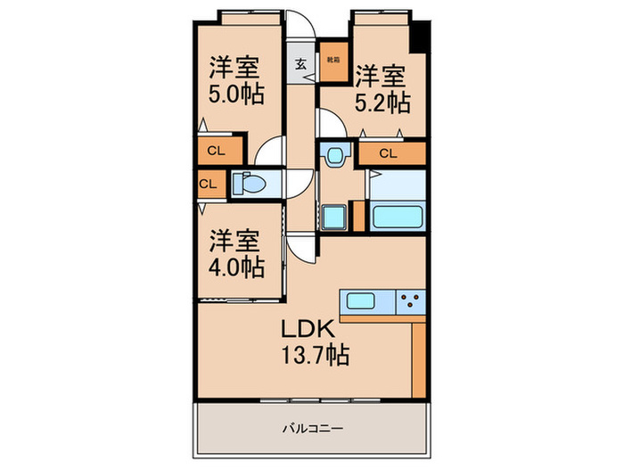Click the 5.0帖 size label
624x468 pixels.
click(235, 94)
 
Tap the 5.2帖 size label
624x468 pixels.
click(382, 103)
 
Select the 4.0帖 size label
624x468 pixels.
click(235, 266)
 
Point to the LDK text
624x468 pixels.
click(309, 330)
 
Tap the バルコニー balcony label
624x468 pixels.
click(312, 427)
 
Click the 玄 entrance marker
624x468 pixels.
click(300, 64)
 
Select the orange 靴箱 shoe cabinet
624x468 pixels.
click(333, 59)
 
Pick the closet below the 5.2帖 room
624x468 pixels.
click(387, 153)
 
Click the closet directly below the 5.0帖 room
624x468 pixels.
click(216, 151)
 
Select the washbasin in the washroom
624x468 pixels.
click(334, 156)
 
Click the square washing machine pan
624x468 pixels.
click(333, 217)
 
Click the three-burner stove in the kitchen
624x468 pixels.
click(411, 300)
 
